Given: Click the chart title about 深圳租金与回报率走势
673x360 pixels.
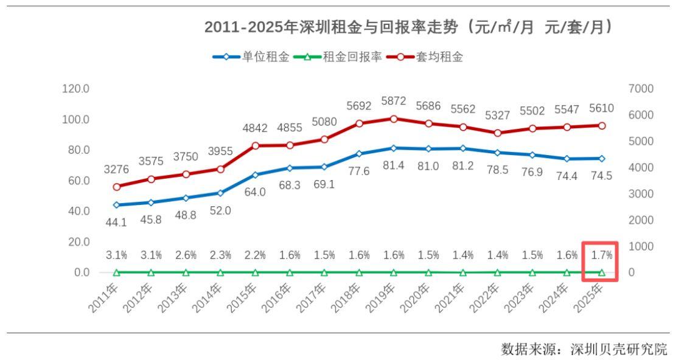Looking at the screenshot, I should point(408,28).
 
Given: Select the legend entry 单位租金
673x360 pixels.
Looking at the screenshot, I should point(265,57).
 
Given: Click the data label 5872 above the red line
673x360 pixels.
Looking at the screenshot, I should point(394,102).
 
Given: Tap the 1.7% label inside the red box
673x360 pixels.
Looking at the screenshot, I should point(601,255).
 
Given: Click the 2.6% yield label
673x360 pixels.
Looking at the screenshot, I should point(186,255).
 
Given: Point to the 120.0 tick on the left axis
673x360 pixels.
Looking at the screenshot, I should point(76,89).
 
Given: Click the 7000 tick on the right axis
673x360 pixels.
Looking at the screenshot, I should point(641,89).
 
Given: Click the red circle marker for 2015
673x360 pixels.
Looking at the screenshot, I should point(255,146).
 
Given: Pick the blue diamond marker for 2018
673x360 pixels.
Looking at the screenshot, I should point(359,154).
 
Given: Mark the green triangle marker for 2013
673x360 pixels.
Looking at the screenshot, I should point(186,272).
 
